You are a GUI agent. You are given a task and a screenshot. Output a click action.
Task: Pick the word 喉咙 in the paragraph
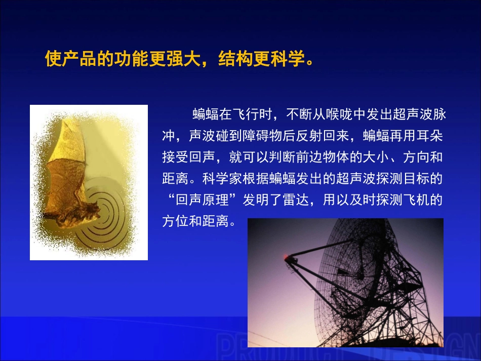point(339,114)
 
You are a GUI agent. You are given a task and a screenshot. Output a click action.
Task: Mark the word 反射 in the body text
point(309,136)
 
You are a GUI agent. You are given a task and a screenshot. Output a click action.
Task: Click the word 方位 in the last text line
point(175,221)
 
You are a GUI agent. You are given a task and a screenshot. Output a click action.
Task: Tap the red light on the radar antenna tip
point(286,256)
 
